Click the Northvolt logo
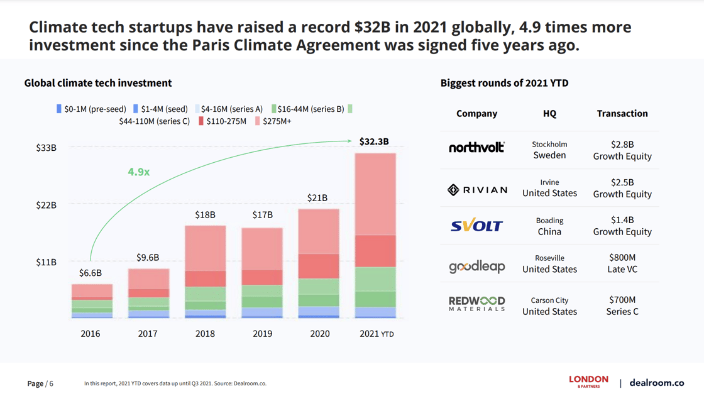(476, 148)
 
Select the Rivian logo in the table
(477, 190)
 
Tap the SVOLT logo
(476, 226)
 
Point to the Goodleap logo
(476, 267)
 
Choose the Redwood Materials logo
(476, 304)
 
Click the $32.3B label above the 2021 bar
(374, 141)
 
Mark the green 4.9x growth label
(138, 172)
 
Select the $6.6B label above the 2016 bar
(91, 273)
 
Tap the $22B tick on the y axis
(46, 205)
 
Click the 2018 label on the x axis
(205, 334)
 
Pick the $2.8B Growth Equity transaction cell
(622, 150)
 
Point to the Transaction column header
(622, 114)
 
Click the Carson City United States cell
(549, 306)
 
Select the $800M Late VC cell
(622, 263)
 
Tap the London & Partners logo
(588, 381)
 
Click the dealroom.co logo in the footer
(656, 383)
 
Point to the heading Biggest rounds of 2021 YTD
(504, 83)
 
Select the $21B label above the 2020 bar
(317, 197)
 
